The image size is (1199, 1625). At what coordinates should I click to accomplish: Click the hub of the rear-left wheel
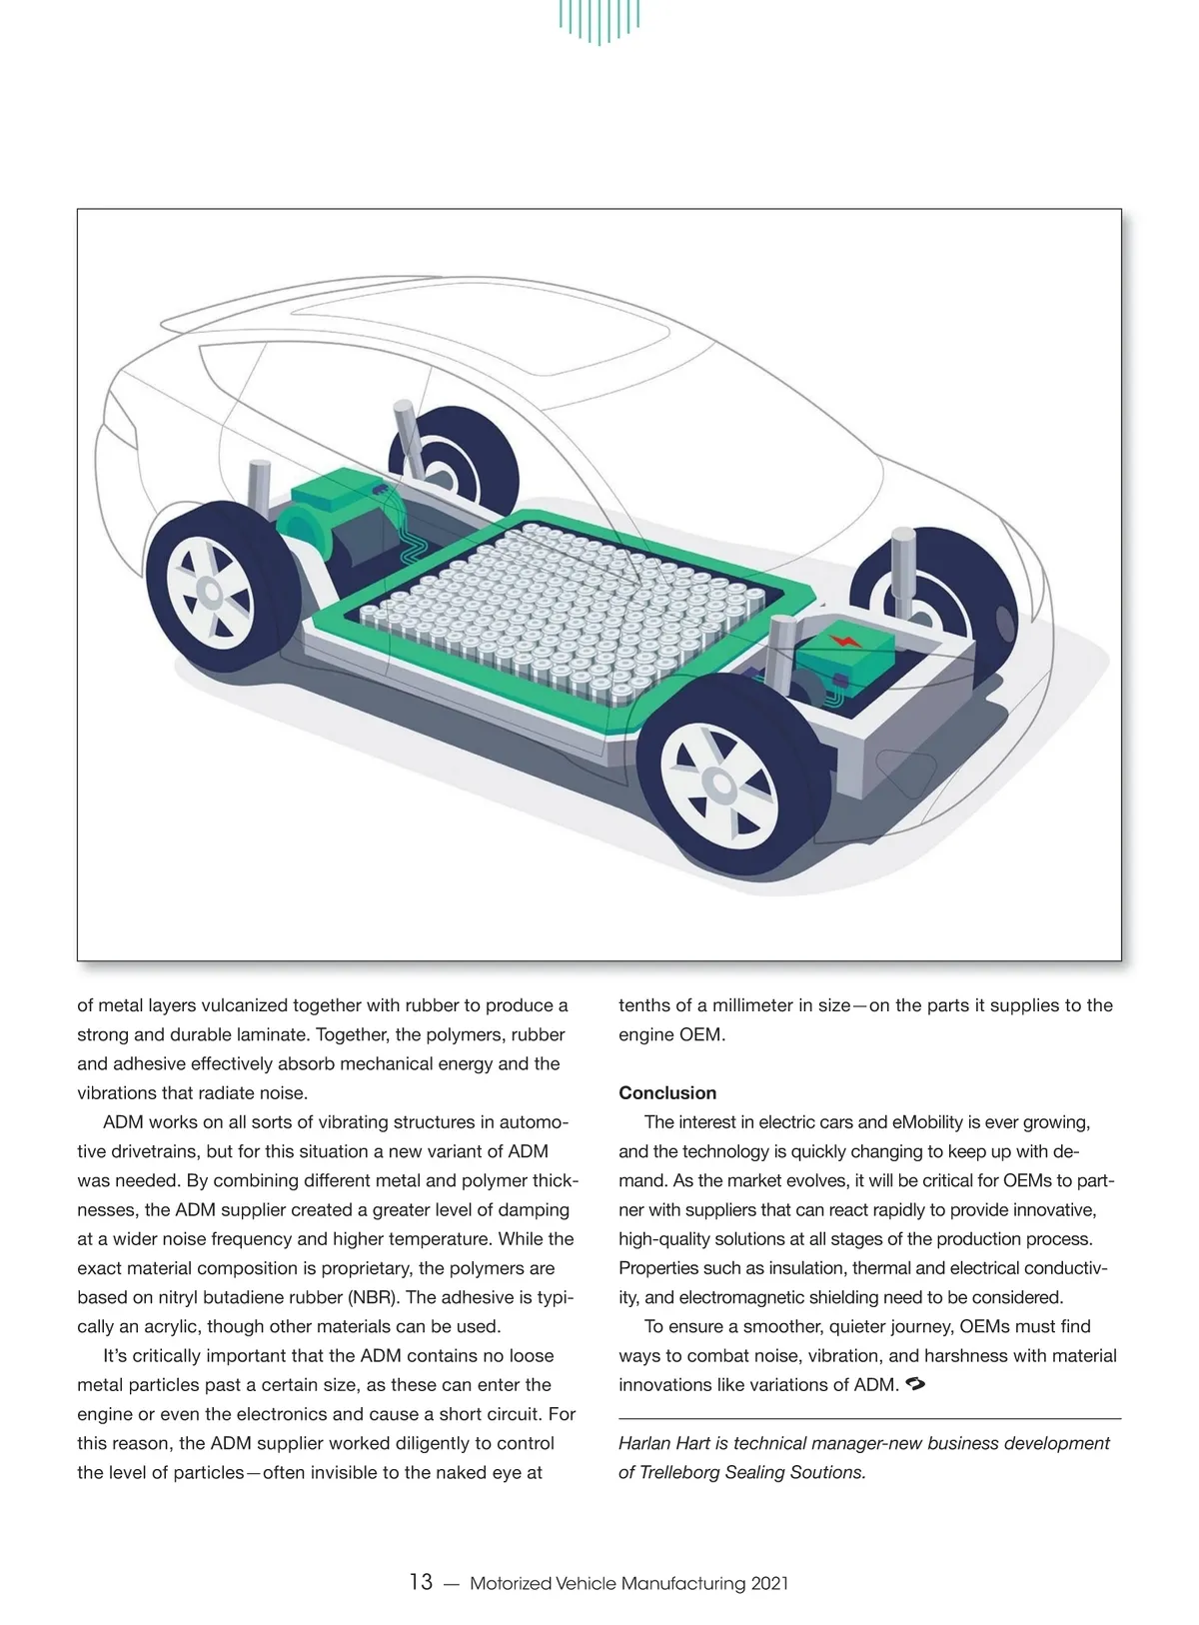click(x=209, y=592)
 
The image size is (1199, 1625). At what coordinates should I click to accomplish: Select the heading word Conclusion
click(x=667, y=1092)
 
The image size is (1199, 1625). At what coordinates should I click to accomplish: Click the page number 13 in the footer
click(x=421, y=1582)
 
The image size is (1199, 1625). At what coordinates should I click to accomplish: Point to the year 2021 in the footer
click(x=769, y=1583)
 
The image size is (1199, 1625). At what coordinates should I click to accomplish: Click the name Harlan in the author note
click(x=647, y=1443)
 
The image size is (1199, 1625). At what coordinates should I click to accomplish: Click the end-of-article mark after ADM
click(x=916, y=1384)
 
